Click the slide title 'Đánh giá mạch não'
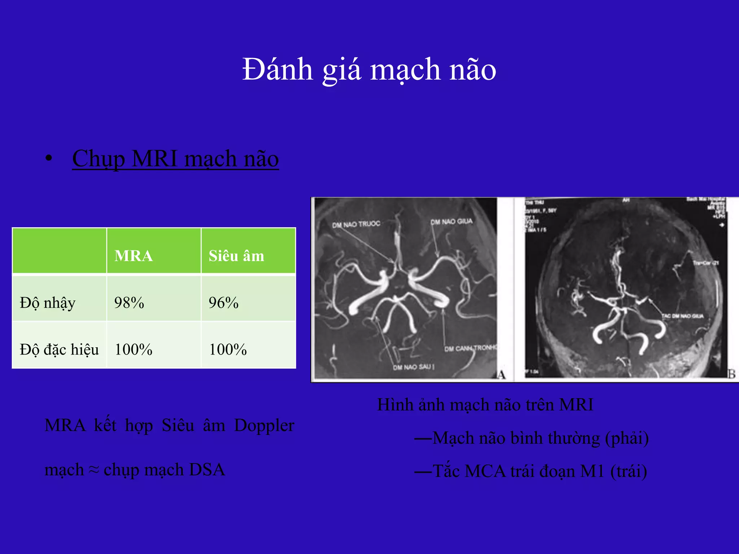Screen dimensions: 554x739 (x=369, y=69)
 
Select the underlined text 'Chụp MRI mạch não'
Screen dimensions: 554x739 (x=175, y=159)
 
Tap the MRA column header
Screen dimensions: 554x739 (x=134, y=256)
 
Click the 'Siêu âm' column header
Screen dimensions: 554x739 (x=236, y=256)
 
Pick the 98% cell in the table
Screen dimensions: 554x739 (x=129, y=303)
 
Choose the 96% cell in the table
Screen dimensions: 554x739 (x=224, y=303)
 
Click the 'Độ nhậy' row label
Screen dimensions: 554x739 (x=48, y=303)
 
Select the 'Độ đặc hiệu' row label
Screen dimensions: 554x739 (x=59, y=349)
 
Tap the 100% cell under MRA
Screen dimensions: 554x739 (x=134, y=349)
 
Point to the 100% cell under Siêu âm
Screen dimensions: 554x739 (x=228, y=349)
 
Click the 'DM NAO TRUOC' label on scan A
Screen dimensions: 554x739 (x=356, y=224)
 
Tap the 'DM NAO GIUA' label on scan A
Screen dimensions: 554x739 (x=451, y=221)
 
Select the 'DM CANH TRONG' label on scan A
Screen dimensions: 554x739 (x=471, y=348)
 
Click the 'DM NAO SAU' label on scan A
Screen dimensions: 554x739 (x=413, y=367)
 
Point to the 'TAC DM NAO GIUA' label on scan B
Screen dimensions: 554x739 (x=683, y=316)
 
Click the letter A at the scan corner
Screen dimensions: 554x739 (x=501, y=375)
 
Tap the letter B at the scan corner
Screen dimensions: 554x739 (x=731, y=374)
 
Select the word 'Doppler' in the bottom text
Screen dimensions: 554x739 (x=264, y=426)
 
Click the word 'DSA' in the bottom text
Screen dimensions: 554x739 (x=207, y=470)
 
